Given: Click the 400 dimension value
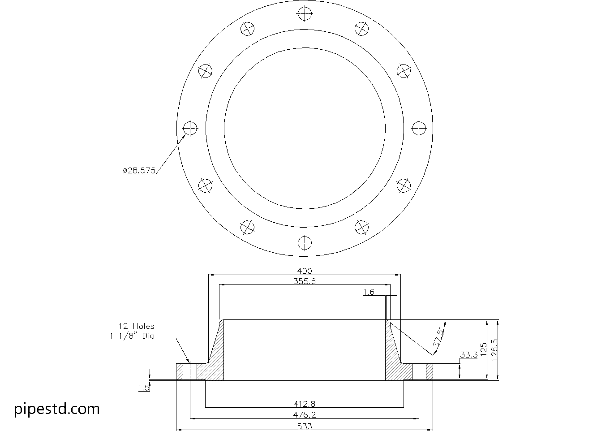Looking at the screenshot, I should point(305,271).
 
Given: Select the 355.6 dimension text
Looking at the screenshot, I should point(305,281).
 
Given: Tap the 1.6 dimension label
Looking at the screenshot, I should point(369,292).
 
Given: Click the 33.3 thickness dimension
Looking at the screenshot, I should point(468,355).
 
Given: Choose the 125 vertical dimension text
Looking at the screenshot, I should point(483,349).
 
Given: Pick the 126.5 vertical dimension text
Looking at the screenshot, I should point(494,349).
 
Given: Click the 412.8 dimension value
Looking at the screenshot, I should point(305,404).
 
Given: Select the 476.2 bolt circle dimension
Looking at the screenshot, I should point(305,415).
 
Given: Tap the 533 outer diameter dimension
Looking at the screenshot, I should point(305,426).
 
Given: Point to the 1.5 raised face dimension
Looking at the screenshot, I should point(144,388).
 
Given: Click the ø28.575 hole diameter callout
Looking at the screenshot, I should point(139,170).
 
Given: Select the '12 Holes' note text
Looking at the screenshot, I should point(136,326).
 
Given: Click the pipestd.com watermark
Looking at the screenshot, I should point(57,409).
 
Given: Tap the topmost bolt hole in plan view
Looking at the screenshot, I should point(305,13).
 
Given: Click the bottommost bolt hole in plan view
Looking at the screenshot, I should point(305,244).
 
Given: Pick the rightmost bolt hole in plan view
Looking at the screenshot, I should point(419,129).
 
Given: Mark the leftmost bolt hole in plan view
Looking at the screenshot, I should point(190,129).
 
